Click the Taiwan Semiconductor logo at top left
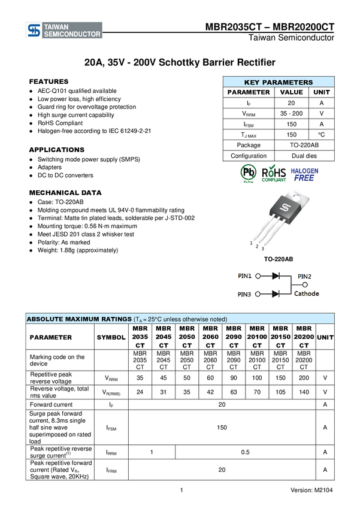64,30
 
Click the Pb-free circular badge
249,172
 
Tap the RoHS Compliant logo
274,173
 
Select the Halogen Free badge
304,175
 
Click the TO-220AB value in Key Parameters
304,145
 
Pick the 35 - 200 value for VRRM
291,114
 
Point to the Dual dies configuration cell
304,156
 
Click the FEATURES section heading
49,81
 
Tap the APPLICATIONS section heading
57,150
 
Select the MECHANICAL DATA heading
65,193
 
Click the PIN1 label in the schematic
245,276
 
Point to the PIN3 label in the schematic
244,295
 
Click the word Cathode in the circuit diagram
307,293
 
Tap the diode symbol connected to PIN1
276,276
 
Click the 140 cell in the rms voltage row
304,392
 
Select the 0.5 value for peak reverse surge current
246,452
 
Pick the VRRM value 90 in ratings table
234,378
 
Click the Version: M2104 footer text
311,490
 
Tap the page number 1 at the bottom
181,490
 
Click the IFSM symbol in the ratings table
111,428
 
